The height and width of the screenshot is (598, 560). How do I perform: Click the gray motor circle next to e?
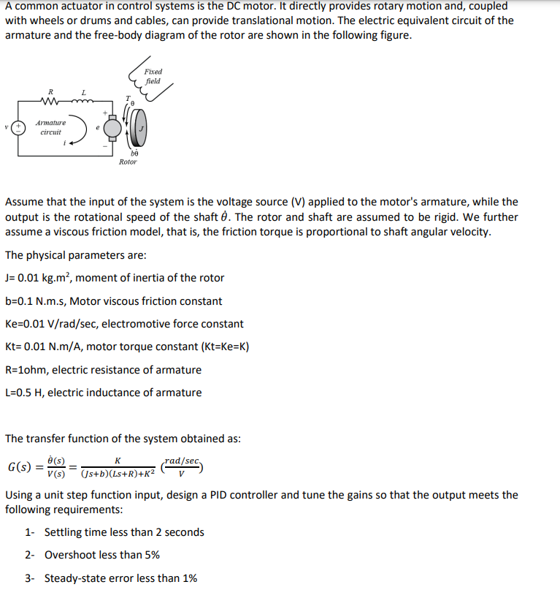coord(113,129)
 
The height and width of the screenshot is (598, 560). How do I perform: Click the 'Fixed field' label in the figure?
coord(153,76)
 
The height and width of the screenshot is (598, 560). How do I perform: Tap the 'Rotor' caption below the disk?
coord(127,162)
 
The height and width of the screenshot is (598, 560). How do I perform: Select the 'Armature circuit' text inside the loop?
coord(51,128)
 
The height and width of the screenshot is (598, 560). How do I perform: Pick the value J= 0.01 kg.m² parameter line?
coord(115,278)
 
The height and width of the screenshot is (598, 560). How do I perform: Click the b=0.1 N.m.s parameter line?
coord(113,301)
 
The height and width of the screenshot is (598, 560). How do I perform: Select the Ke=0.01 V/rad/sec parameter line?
coord(124,324)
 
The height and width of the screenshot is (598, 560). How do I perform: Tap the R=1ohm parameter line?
coord(103,370)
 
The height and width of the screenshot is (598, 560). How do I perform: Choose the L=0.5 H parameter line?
coord(103,393)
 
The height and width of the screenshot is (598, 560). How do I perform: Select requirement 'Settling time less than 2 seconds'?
coord(124,532)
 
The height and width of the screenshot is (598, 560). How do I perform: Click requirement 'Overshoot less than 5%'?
coord(102,555)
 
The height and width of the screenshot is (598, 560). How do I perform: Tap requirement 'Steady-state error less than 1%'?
coord(120,578)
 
